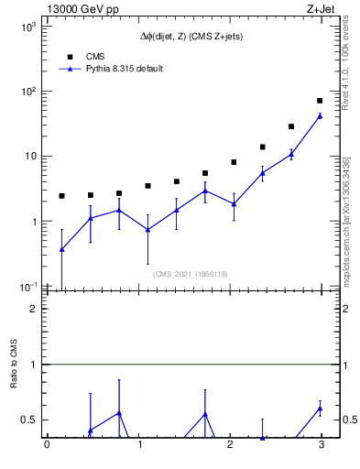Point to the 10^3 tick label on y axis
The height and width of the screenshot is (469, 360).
coord(28,27)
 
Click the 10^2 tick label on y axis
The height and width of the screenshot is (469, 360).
coord(28,92)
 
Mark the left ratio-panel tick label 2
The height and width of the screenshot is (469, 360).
coord(34,309)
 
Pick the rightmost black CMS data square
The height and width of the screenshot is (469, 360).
coord(320,101)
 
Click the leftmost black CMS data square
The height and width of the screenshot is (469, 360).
coord(61,196)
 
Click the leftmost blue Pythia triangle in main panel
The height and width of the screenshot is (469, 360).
coord(61,249)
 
